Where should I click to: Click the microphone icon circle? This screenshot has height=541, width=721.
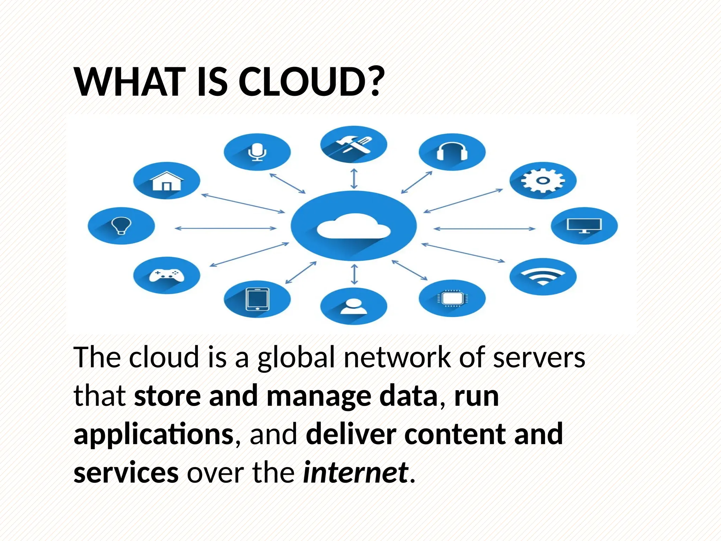tap(257, 152)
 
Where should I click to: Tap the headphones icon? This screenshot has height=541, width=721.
tap(452, 152)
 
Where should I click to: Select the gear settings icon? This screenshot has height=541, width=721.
tap(543, 180)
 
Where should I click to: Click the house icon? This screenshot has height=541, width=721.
tap(167, 181)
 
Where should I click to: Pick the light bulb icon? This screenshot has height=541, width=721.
tap(121, 225)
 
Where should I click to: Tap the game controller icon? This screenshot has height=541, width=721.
tap(167, 275)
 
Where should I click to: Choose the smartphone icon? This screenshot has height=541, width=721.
tap(257, 299)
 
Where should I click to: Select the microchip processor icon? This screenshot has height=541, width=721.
tap(452, 299)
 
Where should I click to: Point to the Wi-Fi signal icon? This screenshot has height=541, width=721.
tap(543, 276)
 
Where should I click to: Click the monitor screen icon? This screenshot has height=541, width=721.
tap(584, 225)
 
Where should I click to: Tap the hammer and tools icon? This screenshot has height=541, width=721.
tap(353, 144)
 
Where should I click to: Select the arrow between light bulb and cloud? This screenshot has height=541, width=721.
tap(226, 228)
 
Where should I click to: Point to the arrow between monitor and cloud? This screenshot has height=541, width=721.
tap(484, 229)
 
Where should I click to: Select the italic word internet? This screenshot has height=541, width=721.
tap(356, 472)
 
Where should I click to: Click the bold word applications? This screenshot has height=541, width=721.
tap(153, 434)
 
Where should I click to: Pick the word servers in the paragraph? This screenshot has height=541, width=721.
tap(539, 357)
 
